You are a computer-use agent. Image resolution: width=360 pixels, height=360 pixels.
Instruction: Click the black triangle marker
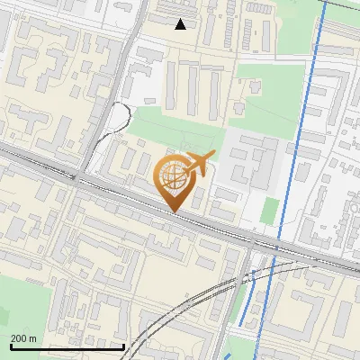181,24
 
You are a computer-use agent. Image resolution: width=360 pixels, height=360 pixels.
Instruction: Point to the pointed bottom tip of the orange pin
173,211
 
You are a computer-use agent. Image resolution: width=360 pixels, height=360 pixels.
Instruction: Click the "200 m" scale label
23,338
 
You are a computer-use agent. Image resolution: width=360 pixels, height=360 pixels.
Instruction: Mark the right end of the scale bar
123,346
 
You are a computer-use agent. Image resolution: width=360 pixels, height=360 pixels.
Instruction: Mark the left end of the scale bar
10,346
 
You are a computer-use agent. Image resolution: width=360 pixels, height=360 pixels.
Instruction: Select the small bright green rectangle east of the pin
269,211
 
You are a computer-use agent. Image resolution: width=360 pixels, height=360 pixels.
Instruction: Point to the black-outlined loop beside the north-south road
116,119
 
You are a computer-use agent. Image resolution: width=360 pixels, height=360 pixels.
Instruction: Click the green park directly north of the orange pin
180,130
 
